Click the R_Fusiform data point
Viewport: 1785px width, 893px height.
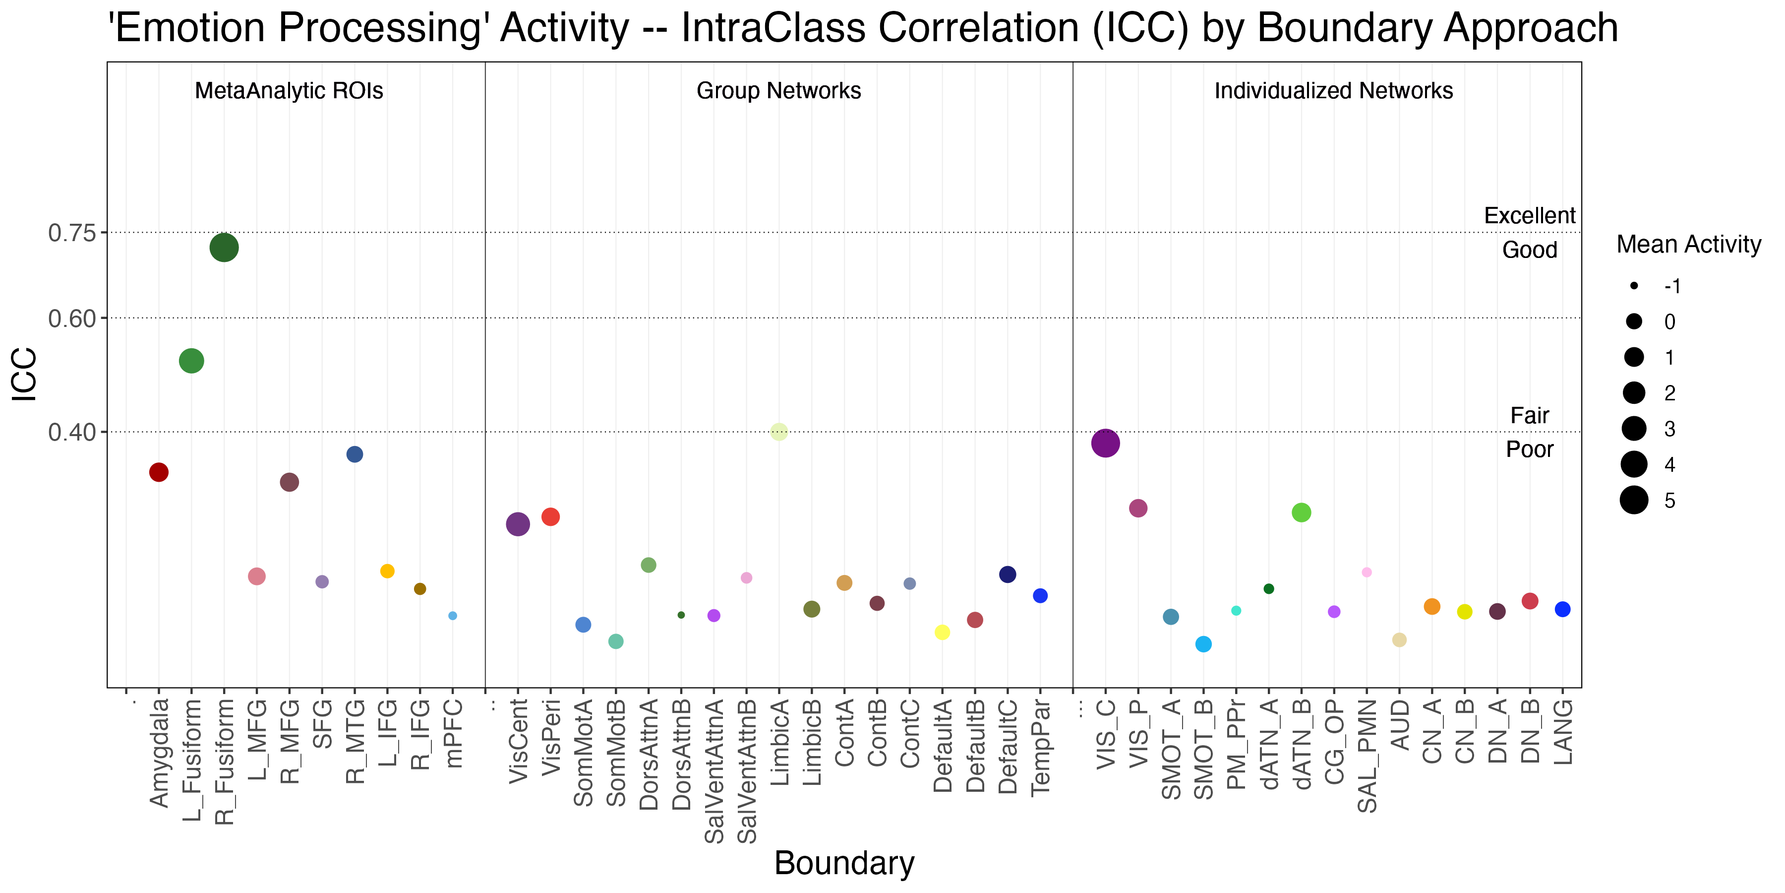coord(224,248)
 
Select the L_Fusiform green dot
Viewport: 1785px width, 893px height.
coord(191,361)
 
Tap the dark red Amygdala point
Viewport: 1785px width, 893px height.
coord(159,472)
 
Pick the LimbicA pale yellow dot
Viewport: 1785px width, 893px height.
coord(779,431)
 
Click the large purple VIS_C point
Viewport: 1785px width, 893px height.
coord(1105,443)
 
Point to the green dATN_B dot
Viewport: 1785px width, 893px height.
coord(1302,512)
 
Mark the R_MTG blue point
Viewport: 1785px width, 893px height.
coord(355,454)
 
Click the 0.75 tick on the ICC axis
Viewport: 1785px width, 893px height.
coord(72,233)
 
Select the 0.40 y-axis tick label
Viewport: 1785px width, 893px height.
coord(72,432)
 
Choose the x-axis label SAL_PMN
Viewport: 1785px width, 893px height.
coord(1367,756)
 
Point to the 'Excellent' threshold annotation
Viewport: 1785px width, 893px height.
coord(1529,216)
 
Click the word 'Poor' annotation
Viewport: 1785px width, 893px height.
coord(1529,449)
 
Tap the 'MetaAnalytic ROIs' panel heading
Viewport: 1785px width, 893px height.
coord(289,91)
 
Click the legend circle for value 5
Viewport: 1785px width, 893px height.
coord(1634,500)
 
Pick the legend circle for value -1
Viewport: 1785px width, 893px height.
coord(1634,286)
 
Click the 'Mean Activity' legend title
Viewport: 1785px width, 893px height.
coord(1689,244)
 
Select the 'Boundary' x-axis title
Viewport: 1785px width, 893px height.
coord(844,863)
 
